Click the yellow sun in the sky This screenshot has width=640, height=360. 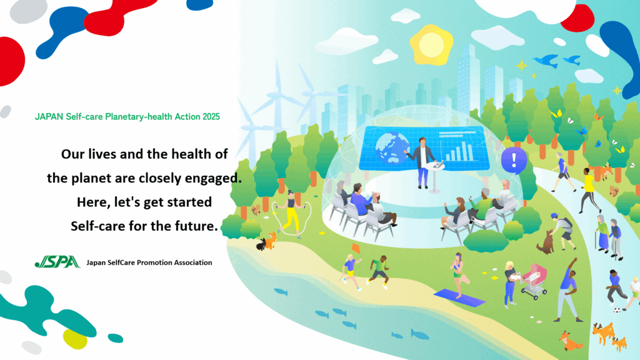coord(431,45)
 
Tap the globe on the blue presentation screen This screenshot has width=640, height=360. coord(391,147)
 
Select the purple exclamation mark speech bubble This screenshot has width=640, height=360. coord(514,161)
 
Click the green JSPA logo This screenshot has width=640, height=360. coord(57,262)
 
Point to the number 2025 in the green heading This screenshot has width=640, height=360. coord(211,117)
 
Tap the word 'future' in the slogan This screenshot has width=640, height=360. coord(196,226)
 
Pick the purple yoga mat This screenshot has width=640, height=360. coord(459,297)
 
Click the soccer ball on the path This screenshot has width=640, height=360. coord(617,310)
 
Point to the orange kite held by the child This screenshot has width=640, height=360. coord(356,248)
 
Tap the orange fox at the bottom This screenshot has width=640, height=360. coord(570,341)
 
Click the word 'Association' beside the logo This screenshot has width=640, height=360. coord(193,262)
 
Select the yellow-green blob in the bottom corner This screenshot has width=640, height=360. coord(75,339)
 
